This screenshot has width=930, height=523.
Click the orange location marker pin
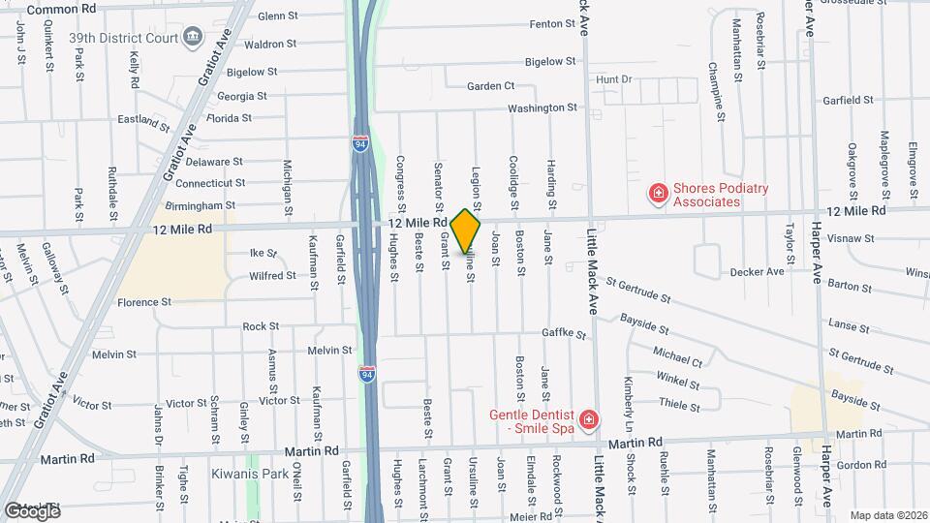click(x=466, y=231)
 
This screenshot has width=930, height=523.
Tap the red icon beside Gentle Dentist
click(x=588, y=420)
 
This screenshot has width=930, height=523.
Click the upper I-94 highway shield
click(x=360, y=143)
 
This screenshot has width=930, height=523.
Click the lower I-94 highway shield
click(x=367, y=373)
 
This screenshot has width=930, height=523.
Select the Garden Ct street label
click(x=490, y=86)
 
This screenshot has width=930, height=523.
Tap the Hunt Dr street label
click(x=614, y=78)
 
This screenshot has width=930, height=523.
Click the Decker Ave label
click(x=757, y=272)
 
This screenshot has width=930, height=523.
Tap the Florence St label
click(x=144, y=302)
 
